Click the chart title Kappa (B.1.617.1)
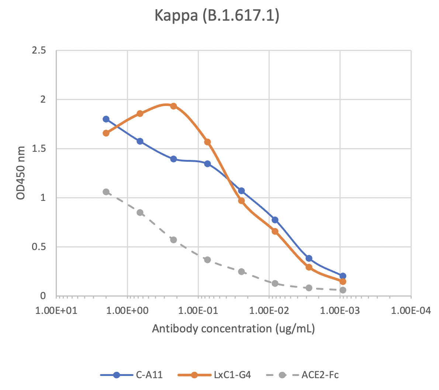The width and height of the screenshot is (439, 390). tap(217, 16)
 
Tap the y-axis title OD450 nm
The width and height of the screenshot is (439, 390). tap(21, 173)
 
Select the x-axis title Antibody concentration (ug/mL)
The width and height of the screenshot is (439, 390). tap(233, 328)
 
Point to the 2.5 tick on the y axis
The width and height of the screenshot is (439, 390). tap(39, 51)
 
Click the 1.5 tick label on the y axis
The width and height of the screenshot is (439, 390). tap(39, 149)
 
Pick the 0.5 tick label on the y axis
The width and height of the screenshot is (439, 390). tap(39, 247)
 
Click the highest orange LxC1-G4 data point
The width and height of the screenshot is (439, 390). tap(174, 106)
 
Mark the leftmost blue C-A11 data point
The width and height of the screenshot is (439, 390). tap(106, 119)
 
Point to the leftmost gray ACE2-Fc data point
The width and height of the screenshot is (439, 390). tap(106, 192)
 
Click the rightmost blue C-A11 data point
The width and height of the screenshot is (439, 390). tap(343, 276)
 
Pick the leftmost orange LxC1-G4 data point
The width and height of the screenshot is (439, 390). tap(106, 133)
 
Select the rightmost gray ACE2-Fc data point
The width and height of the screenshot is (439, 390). tap(343, 290)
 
